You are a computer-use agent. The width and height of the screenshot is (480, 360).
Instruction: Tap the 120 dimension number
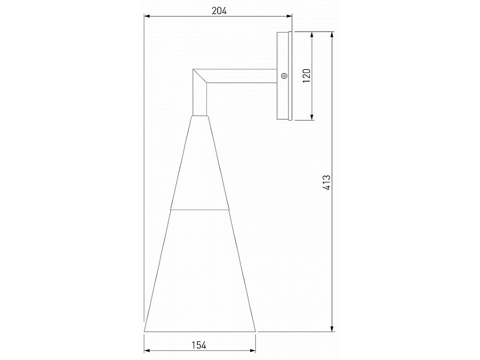coord(306,75)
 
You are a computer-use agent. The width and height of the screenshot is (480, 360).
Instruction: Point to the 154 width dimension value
coord(199,345)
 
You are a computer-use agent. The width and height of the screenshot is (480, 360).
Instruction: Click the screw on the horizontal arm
coord(284,76)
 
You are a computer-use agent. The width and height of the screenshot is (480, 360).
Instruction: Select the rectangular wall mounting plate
coord(283,76)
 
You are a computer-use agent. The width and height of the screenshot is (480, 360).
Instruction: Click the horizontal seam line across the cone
coord(200,209)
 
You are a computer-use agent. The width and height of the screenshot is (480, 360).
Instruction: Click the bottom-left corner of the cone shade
coord(145,331)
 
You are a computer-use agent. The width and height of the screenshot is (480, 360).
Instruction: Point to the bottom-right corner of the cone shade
coord(256,331)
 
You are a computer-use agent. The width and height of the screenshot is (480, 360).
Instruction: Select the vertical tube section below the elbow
coord(200,99)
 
